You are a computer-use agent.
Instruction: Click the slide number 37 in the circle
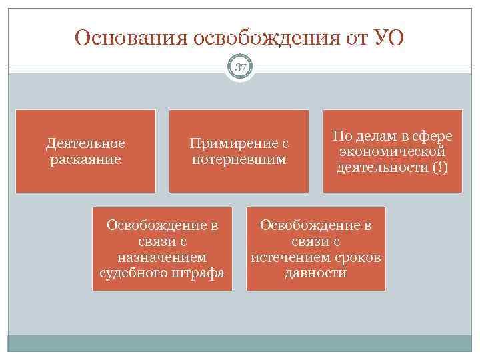click(x=240, y=68)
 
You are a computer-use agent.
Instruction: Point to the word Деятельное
click(x=85, y=143)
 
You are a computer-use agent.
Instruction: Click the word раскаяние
click(x=85, y=159)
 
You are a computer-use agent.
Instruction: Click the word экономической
click(x=392, y=151)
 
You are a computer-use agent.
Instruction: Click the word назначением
click(x=161, y=257)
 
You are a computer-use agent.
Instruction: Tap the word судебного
click(x=133, y=273)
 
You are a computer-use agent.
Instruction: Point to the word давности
click(x=315, y=273)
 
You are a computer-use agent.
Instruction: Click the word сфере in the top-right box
click(x=432, y=136)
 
